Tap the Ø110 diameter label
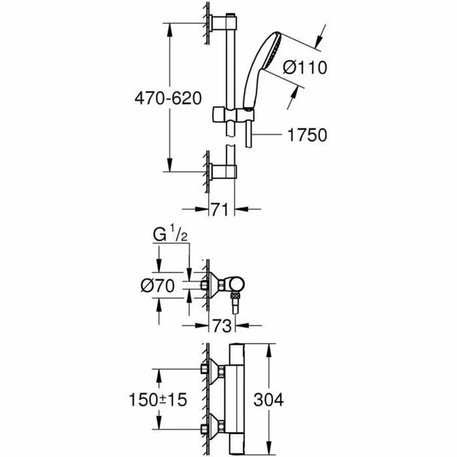point(305,66)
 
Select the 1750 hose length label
point(305,134)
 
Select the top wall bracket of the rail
point(217,24)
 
